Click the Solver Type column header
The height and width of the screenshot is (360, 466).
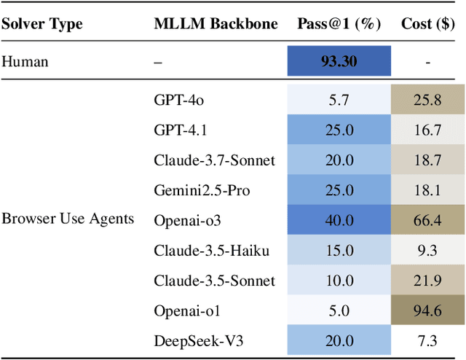point(42,23)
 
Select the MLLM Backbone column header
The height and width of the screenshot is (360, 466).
point(216,23)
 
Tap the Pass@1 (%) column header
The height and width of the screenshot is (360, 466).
point(339,23)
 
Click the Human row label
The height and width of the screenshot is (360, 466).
point(25,61)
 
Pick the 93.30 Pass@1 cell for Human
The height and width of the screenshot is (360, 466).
point(339,61)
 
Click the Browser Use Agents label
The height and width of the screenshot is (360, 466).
point(68,218)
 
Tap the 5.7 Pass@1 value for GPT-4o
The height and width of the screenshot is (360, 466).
point(339,100)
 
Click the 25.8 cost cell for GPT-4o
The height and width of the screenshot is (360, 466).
point(427,100)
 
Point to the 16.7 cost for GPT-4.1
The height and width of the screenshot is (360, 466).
point(427,130)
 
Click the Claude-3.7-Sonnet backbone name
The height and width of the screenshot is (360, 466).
point(214,160)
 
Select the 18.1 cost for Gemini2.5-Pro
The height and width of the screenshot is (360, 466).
point(427,190)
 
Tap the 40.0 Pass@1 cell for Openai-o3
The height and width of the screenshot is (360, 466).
point(339,220)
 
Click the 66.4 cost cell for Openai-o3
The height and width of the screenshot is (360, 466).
point(427,220)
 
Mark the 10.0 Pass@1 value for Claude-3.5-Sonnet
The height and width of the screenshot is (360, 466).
point(339,281)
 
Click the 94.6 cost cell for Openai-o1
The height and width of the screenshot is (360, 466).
point(427,310)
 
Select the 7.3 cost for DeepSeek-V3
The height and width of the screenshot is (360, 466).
point(427,341)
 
